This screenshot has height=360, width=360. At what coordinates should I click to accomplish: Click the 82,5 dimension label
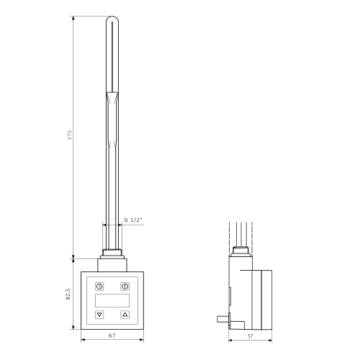click(70, 295)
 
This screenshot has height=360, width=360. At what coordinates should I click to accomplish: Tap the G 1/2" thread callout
click(133, 219)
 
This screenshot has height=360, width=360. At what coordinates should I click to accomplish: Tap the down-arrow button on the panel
click(99, 315)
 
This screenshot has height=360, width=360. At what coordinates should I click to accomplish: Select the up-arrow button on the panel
click(125, 315)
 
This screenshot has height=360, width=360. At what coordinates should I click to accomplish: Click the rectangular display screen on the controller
click(112, 299)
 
